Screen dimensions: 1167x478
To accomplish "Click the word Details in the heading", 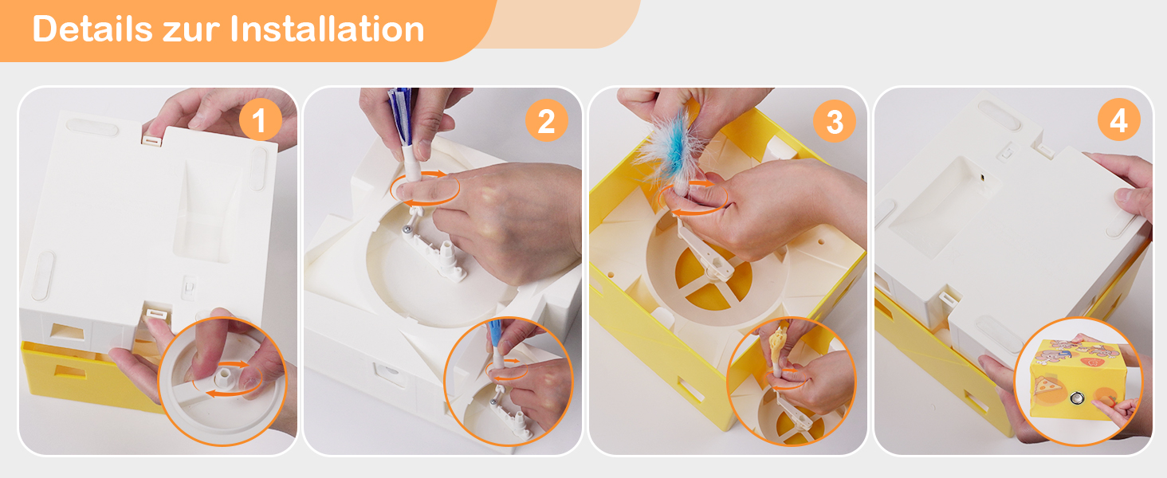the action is point(92,29).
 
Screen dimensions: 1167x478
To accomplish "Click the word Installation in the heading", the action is point(327,29).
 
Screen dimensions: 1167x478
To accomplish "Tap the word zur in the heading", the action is point(191,33).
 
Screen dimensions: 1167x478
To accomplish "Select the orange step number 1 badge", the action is point(260,119).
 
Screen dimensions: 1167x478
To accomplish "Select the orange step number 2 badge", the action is point(546,121).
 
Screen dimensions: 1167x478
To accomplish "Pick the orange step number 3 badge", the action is point(834,121).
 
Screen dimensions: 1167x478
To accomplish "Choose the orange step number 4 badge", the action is point(1118,119).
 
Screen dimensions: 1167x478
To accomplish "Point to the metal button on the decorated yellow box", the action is point(1076,399).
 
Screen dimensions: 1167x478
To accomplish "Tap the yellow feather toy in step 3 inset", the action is point(778,346).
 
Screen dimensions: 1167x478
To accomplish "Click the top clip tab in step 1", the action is point(152,140).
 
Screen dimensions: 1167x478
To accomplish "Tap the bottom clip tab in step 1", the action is point(156,313).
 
